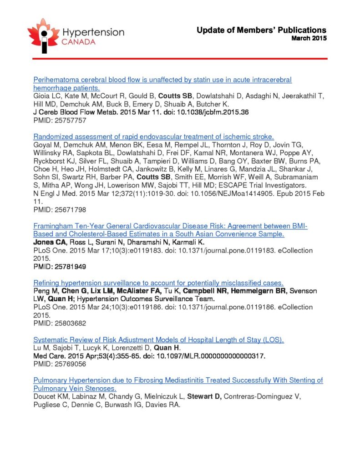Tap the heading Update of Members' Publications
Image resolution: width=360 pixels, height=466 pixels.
(x=261, y=30)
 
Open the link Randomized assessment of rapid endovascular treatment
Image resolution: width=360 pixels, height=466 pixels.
(x=153, y=137)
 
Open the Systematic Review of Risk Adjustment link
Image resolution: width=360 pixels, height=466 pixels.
(x=159, y=340)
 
